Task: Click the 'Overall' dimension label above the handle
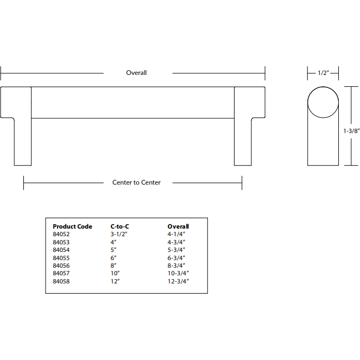pos(136,73)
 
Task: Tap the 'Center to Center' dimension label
pos(136,182)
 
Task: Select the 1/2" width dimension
pos(323,73)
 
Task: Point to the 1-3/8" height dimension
pos(351,130)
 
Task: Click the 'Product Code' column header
pos(72,226)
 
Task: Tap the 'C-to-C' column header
pos(119,226)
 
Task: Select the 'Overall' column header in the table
pos(178,226)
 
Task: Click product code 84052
pos(61,234)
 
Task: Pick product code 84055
pos(61,258)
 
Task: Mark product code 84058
pos(61,282)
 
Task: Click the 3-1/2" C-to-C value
pos(118,234)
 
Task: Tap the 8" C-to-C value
pos(113,266)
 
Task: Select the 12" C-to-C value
pos(115,282)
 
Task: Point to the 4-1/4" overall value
pos(177,234)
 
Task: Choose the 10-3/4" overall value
pos(179,274)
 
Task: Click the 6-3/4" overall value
pos(177,258)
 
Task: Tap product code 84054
pos(61,250)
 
